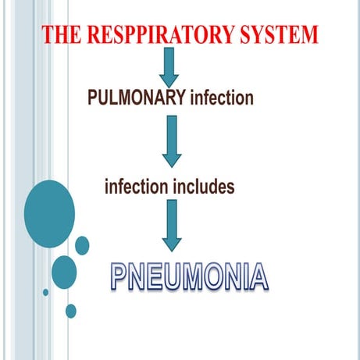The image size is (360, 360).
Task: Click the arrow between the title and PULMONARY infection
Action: pos(169,69)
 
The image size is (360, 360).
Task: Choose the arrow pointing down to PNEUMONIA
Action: pos(171,224)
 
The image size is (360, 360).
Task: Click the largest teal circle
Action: pos(49,213)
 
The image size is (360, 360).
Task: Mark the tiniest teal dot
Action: pos(45,292)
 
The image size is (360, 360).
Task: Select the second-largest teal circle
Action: pos(64,271)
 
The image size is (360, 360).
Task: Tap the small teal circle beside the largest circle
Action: pos(82,245)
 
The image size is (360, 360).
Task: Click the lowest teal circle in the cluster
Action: pos(71,311)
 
